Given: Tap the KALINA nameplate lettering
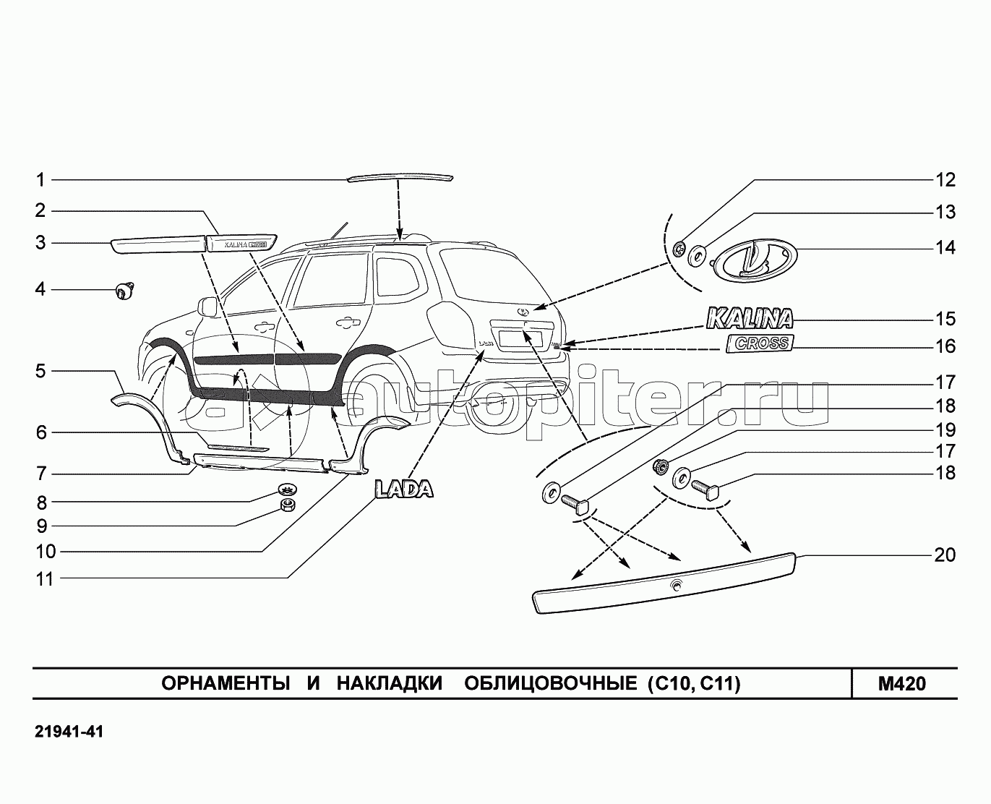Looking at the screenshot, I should (749, 318).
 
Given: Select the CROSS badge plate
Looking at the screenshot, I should (760, 343).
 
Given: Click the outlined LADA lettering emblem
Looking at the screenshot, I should (403, 489).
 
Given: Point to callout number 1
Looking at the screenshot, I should (41, 179).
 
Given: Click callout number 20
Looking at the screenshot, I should (945, 555).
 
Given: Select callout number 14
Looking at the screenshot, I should (945, 247).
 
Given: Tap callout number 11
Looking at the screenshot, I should (45, 578).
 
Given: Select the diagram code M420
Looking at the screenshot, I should (901, 683).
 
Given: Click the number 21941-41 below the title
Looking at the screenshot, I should (69, 732).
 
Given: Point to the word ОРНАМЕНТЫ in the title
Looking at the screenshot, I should (220, 683).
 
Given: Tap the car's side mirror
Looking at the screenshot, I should (207, 307).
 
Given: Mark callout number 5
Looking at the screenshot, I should (41, 371).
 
